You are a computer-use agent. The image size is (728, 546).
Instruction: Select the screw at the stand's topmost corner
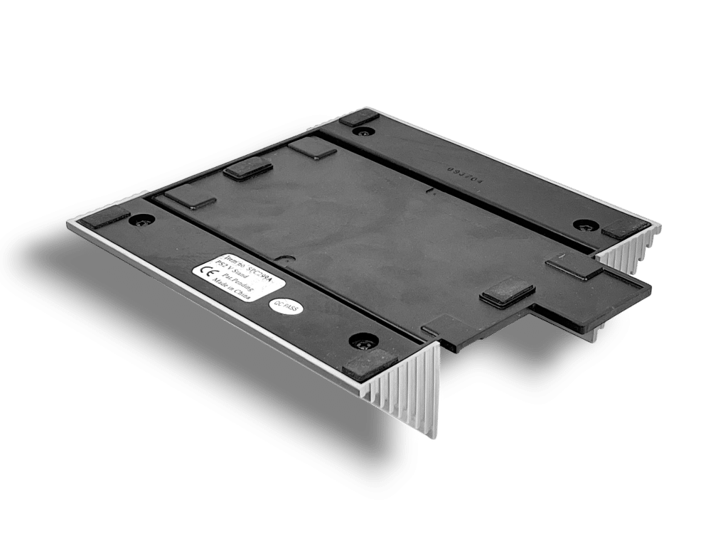tap(365, 132)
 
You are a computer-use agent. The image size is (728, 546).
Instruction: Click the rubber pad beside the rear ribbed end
tap(621, 230)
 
